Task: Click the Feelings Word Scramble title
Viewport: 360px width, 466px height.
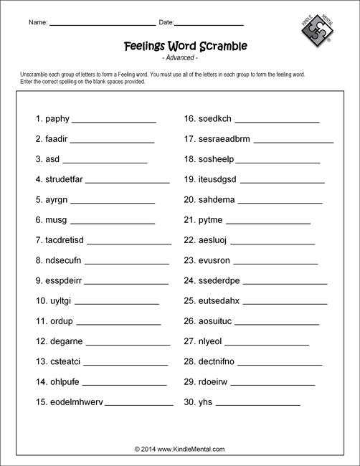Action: (x=180, y=46)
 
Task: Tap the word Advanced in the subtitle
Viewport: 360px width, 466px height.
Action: (x=180, y=57)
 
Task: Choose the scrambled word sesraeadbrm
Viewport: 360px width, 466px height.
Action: (x=225, y=139)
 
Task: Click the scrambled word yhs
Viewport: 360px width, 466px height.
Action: (x=207, y=402)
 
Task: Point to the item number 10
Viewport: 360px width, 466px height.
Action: (x=40, y=300)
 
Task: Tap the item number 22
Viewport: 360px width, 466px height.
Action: (x=190, y=240)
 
